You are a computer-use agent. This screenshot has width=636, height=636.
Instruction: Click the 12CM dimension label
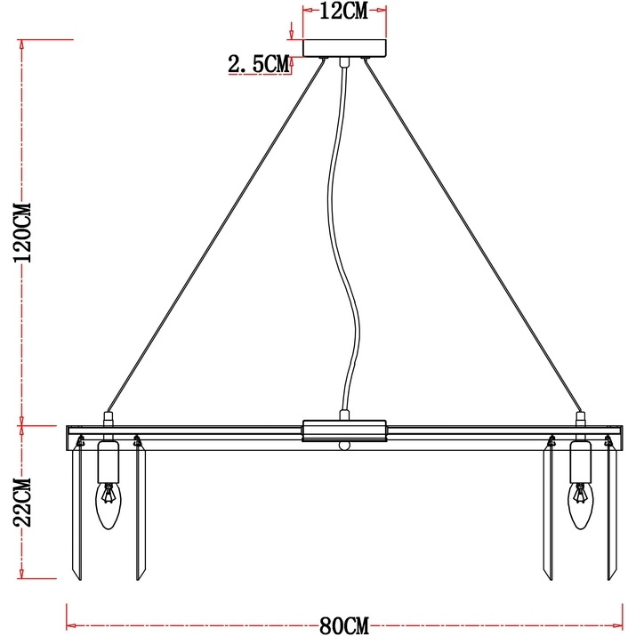coord(344,11)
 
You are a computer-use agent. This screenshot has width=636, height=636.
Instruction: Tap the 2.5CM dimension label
coord(259,64)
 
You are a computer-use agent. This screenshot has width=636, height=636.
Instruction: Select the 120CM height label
coord(22,233)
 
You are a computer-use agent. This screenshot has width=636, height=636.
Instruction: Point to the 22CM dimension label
coord(22,503)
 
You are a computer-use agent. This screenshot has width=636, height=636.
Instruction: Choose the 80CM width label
coord(344,625)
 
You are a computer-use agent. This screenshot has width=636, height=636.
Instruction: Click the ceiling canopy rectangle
coord(345,48)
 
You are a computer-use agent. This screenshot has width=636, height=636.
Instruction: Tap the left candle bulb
coord(109,505)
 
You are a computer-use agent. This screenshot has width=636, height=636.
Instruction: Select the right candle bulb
coord(581,505)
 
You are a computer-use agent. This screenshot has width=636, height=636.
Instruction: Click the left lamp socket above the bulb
coord(109,462)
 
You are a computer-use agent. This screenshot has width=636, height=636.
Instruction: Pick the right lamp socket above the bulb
coord(581,462)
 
